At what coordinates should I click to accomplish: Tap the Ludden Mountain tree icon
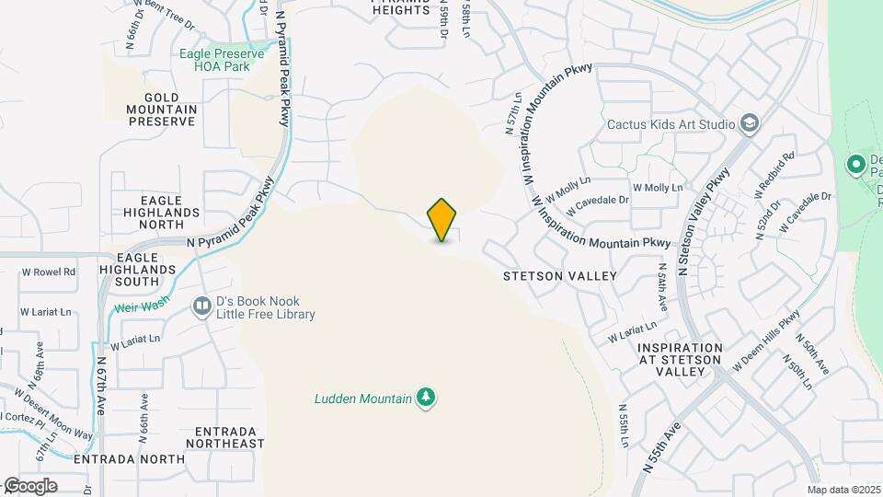click(425, 397)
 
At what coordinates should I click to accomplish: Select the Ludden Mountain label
click(361, 398)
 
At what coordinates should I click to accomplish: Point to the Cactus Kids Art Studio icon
click(751, 124)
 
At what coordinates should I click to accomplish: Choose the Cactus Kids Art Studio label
click(671, 124)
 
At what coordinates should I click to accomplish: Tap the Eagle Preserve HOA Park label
click(229, 60)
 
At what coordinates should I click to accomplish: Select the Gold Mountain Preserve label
click(162, 109)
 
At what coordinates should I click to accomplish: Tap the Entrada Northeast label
click(224, 437)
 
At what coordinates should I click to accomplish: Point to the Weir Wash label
click(138, 308)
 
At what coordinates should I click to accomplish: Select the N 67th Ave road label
click(100, 381)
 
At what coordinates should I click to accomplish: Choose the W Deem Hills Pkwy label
click(767, 345)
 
